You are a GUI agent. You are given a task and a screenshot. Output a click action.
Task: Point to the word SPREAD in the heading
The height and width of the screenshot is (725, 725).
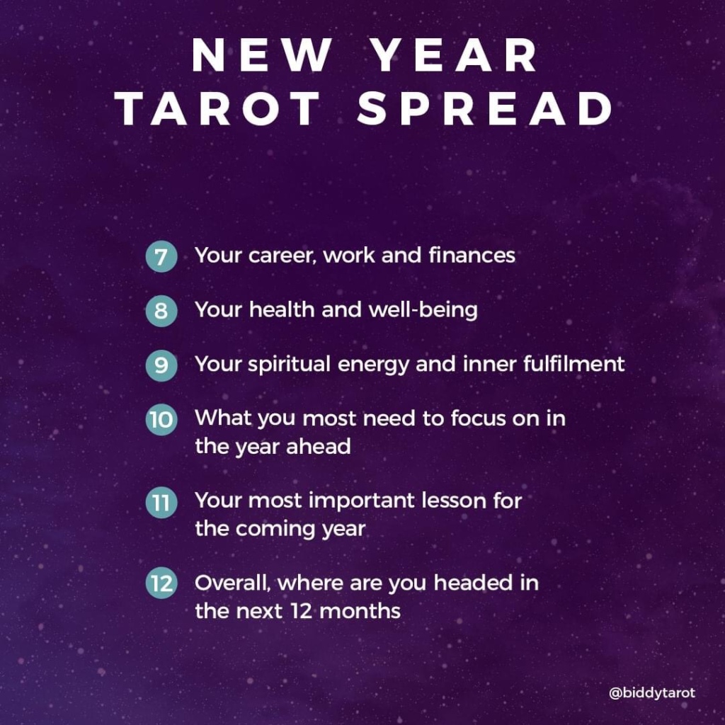485,110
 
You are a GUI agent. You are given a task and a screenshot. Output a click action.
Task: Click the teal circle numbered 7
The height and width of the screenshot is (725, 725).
161,256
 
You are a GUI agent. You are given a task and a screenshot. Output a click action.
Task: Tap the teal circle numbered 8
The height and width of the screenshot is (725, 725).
161,312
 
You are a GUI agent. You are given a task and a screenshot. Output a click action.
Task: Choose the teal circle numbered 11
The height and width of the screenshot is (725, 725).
161,503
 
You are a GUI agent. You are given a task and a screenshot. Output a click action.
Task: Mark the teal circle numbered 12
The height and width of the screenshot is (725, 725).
161,585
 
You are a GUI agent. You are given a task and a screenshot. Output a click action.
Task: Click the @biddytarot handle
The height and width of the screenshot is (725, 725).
651,693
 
